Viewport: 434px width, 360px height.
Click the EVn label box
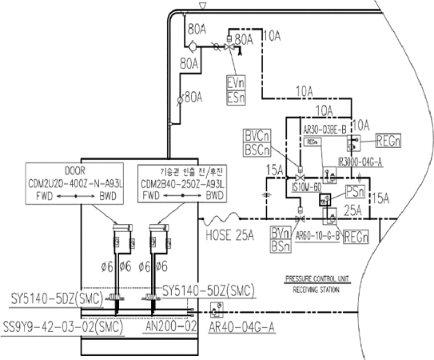tap(236, 82)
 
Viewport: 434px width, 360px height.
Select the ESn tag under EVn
tap(236, 96)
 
